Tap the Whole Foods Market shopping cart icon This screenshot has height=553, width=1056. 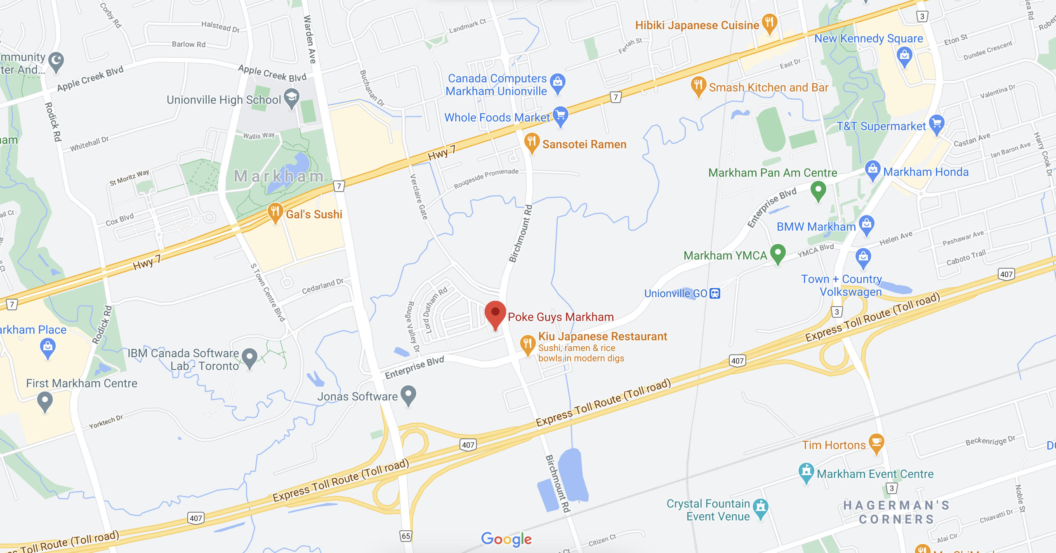click(x=560, y=115)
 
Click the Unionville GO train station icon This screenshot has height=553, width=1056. click(x=714, y=293)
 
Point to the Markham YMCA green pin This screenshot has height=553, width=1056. click(x=778, y=253)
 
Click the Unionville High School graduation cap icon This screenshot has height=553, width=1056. click(x=292, y=98)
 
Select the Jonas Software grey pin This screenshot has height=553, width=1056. click(x=408, y=394)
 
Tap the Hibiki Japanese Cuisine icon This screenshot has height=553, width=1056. click(x=769, y=23)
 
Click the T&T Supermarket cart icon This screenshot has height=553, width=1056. click(x=937, y=124)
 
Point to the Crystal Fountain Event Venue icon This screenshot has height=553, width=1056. click(x=760, y=507)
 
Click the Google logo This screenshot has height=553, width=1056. click(x=506, y=539)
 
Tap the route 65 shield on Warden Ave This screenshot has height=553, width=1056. click(x=406, y=536)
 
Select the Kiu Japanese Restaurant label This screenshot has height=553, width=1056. click(x=602, y=337)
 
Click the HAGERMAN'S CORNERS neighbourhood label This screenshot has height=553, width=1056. click(x=896, y=512)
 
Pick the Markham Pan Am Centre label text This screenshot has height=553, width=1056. click(x=773, y=173)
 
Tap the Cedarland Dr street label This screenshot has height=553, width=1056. click(x=323, y=286)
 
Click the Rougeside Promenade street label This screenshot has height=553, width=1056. click(x=486, y=178)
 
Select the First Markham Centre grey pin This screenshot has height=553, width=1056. click(x=45, y=400)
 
